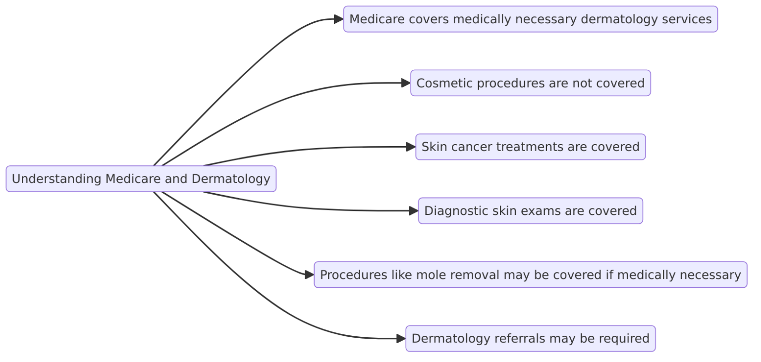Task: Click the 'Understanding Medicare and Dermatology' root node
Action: (141, 179)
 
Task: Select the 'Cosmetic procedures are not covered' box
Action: (530, 83)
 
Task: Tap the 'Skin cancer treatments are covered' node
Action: (530, 147)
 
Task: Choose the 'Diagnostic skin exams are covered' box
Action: (530, 211)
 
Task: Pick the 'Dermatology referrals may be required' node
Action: (530, 339)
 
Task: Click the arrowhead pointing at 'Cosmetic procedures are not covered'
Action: (406, 83)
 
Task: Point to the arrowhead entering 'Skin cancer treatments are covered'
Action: (411, 147)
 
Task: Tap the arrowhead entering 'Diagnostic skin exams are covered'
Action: (414, 211)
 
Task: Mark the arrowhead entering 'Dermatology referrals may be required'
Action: (401, 339)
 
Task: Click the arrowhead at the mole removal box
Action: (309, 275)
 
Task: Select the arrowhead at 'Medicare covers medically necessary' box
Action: (339, 19)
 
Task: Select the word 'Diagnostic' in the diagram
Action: (455, 211)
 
